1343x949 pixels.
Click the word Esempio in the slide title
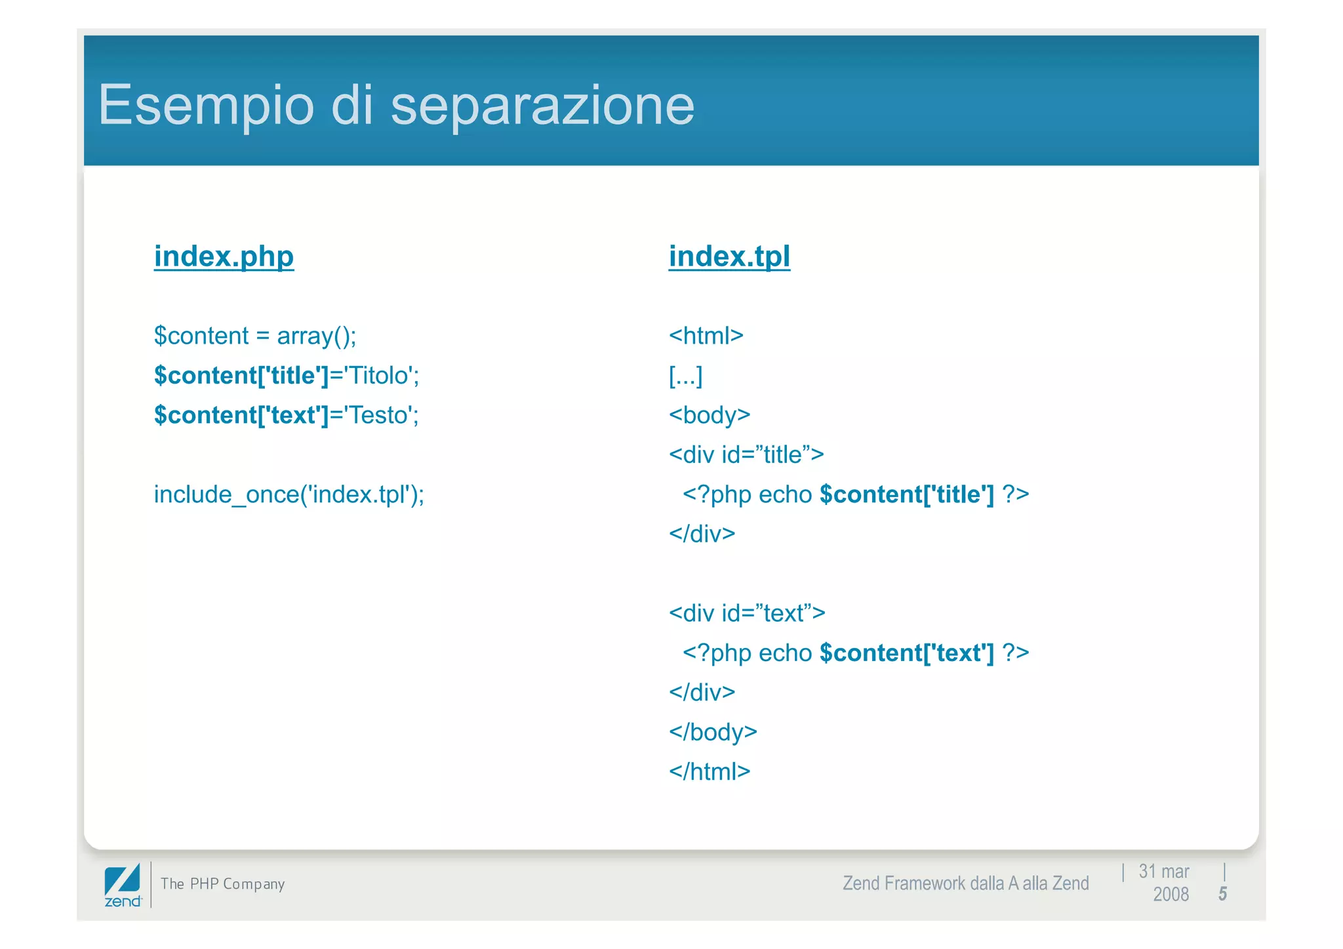(x=206, y=105)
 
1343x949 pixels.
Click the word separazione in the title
(x=542, y=105)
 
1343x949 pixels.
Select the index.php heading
(x=224, y=256)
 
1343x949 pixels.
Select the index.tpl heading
(x=729, y=256)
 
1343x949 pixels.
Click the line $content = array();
(x=255, y=336)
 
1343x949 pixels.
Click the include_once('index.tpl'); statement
(x=289, y=495)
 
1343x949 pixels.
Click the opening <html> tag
(x=706, y=336)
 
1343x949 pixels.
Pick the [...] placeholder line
(x=685, y=376)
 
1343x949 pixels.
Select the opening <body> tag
(x=710, y=415)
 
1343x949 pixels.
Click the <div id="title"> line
(x=746, y=454)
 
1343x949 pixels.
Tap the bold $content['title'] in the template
(x=907, y=495)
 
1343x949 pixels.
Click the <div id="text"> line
(x=747, y=613)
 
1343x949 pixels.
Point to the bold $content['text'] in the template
(x=907, y=653)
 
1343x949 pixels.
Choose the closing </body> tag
(x=713, y=732)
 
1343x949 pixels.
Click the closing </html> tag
(x=710, y=772)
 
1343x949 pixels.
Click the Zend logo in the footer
(x=123, y=885)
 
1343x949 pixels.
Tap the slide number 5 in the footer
(x=1222, y=894)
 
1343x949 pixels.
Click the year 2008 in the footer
(x=1171, y=895)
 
